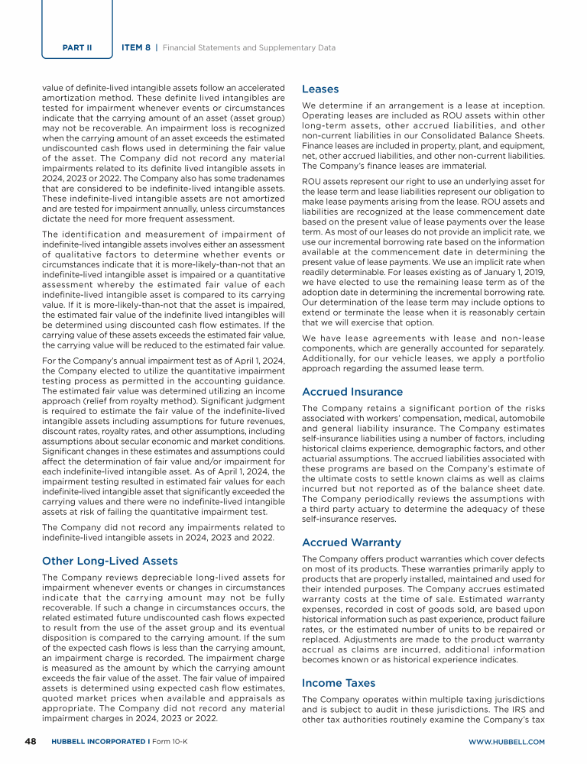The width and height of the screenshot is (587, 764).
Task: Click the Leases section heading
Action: [x=320, y=89]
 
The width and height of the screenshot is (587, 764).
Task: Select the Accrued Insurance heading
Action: [x=352, y=392]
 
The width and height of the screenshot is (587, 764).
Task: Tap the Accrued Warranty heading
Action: [x=352, y=542]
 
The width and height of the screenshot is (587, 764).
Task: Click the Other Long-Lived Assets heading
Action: [x=109, y=560]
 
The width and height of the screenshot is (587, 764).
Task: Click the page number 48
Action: [x=30, y=741]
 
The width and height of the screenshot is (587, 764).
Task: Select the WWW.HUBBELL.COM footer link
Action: [x=506, y=742]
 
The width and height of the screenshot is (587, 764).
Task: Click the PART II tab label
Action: [x=77, y=47]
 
